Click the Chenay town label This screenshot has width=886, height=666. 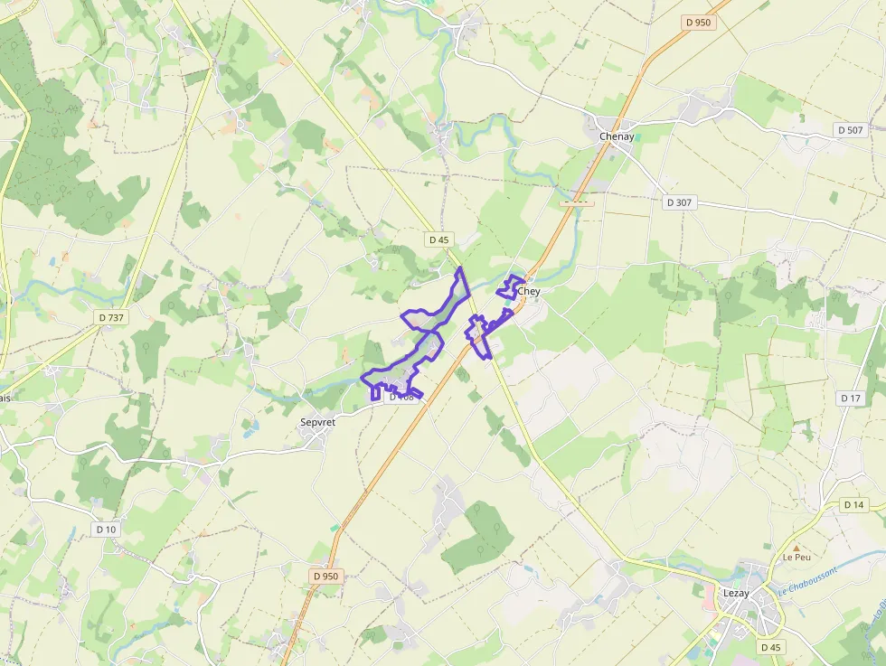pos(617,136)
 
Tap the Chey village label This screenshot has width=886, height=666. pos(529,292)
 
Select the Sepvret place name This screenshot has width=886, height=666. pos(317,421)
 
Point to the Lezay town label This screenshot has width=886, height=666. pos(736,593)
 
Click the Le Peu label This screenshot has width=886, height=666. pos(796,557)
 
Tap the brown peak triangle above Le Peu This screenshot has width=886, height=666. pos(796,548)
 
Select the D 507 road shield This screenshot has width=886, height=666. pos(850,130)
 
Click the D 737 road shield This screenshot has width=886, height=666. pos(111,317)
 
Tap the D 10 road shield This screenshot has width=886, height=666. pos(106,529)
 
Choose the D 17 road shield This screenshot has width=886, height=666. pos(851,398)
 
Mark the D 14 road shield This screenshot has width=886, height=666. pos(853,504)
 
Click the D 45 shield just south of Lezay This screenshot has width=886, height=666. pos(770,647)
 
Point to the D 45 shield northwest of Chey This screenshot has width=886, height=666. pos(439,239)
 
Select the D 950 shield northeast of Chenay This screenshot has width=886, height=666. pos(699,23)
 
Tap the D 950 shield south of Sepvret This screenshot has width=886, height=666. pos(325,576)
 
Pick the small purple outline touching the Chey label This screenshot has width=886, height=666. pos(507,286)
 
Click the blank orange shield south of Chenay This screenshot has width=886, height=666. pos(576,202)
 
